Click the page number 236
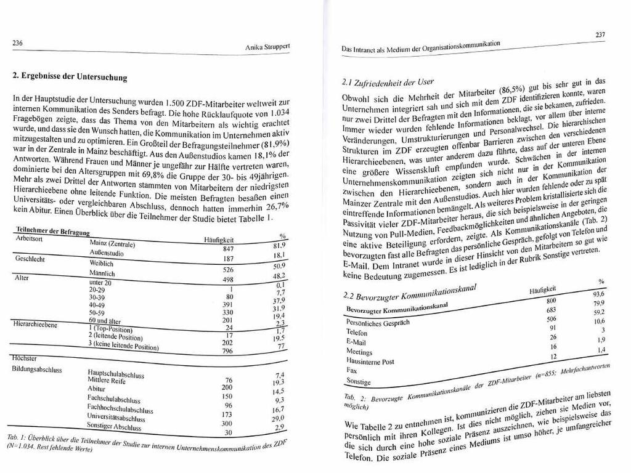18,42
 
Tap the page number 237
600,36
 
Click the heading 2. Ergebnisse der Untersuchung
70,78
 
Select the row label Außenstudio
107,253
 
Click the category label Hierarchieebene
35,323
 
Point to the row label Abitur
97,389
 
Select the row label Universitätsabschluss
114,417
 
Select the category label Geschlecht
30,259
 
